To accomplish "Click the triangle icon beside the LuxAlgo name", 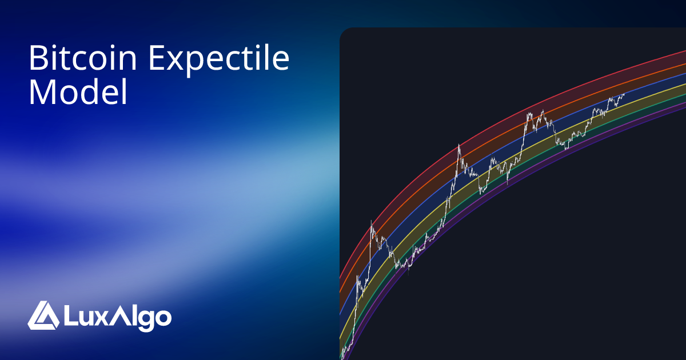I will tap(43, 315).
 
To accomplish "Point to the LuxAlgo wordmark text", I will tap(117, 317).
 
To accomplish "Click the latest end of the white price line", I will tap(624, 94).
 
